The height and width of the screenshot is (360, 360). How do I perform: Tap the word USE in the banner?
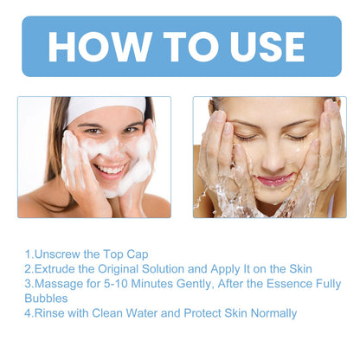click(267, 47)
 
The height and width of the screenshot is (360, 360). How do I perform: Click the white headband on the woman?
click(106, 109)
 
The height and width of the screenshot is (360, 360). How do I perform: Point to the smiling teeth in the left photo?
click(110, 169)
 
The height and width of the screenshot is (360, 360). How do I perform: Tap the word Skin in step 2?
click(300, 269)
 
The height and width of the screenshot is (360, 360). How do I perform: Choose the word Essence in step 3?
click(289, 284)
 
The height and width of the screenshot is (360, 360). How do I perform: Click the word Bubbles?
click(46, 299)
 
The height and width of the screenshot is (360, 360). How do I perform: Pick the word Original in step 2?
click(119, 269)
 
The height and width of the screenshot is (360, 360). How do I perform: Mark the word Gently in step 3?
click(196, 284)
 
